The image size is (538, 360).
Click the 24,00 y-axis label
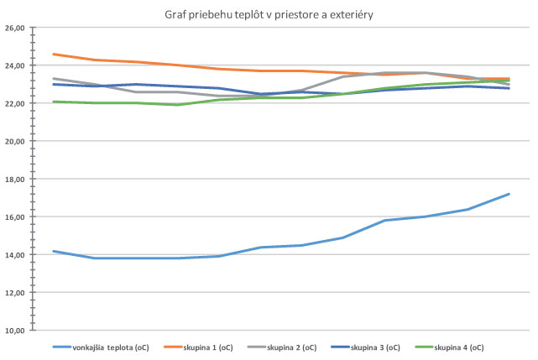(x=15, y=65)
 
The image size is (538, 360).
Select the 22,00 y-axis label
(x=15, y=103)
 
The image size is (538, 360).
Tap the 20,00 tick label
(x=15, y=141)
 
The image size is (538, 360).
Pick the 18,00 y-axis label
(x=15, y=179)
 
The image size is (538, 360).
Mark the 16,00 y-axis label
(x=15, y=217)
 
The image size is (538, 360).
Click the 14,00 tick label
(x=15, y=254)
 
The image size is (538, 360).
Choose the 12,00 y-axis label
(x=15, y=292)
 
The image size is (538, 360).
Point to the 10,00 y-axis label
(x=15, y=330)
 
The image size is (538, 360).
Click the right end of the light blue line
(x=509, y=194)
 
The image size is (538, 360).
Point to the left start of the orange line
(x=53, y=54)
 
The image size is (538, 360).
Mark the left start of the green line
(x=53, y=102)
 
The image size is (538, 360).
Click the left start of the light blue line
(x=53, y=251)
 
